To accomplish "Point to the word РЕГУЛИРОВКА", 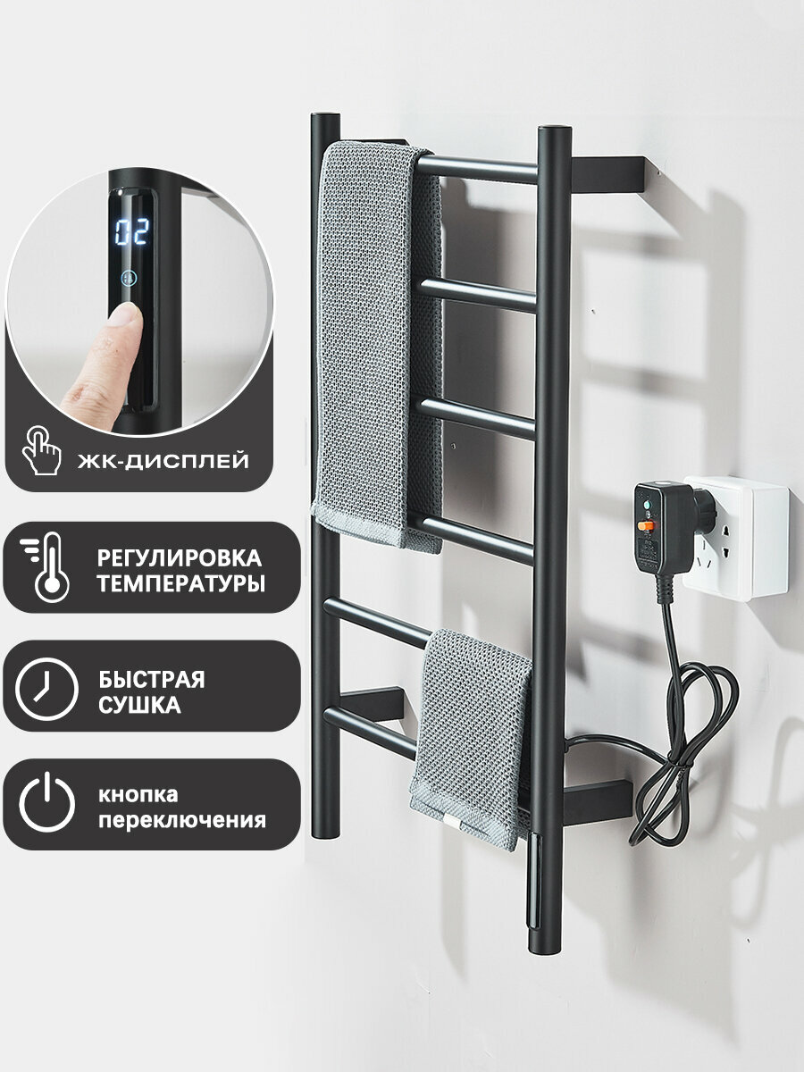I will pyautogui.click(x=180, y=558).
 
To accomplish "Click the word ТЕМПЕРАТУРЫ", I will pyautogui.click(x=182, y=585).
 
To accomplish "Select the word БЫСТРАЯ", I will pyautogui.click(x=151, y=679).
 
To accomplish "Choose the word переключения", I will pyautogui.click(x=182, y=819).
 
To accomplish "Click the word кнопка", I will pyautogui.click(x=138, y=793).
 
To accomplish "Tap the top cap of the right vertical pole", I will pyautogui.click(x=554, y=131).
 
